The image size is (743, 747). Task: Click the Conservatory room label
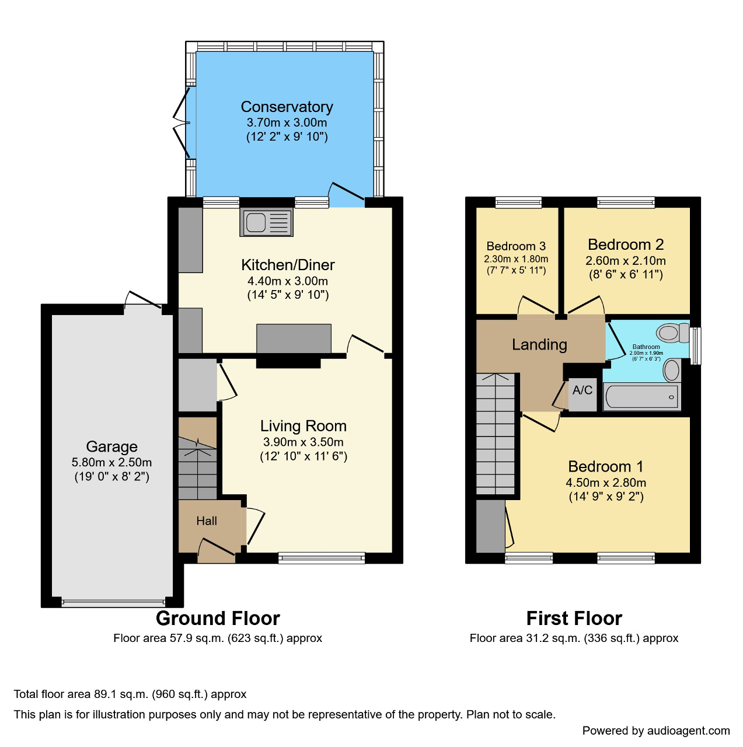[x=287, y=107]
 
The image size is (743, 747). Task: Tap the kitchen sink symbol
[x=266, y=222]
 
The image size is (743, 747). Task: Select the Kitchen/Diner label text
[x=288, y=265]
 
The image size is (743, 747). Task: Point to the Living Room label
[x=303, y=426]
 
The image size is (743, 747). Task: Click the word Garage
[x=111, y=446]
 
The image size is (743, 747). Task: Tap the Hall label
[x=207, y=521]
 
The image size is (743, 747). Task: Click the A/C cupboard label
[x=582, y=390]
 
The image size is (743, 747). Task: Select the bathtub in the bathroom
[x=641, y=397]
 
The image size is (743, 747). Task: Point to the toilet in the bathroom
[x=671, y=333]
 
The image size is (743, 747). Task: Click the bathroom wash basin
[x=672, y=370]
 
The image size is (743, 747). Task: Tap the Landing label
[x=539, y=345]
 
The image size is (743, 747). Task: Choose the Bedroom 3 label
[x=516, y=246]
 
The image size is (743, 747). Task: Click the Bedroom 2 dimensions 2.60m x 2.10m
[x=626, y=261]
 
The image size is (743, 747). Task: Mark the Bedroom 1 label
[x=605, y=467]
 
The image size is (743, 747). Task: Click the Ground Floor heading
[x=218, y=618]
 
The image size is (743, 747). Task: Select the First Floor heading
[x=574, y=618]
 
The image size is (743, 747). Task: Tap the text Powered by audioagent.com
[x=655, y=731]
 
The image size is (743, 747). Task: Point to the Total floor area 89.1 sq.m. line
[x=130, y=694]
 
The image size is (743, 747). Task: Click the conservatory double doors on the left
[x=182, y=123]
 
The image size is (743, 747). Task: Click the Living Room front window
[x=322, y=558]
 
